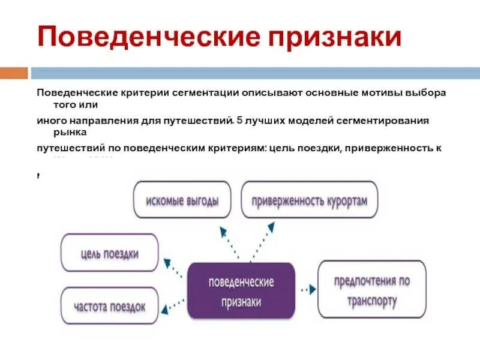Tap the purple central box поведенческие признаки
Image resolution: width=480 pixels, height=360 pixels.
coord(241,290)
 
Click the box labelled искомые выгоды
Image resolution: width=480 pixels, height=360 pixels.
coord(182,200)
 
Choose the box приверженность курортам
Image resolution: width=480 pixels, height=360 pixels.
coord(309,200)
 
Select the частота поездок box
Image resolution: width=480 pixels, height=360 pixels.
coord(110,306)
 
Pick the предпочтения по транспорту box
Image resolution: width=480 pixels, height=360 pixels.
coord(372,289)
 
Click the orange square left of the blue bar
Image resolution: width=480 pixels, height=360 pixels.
coord(14,73)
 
